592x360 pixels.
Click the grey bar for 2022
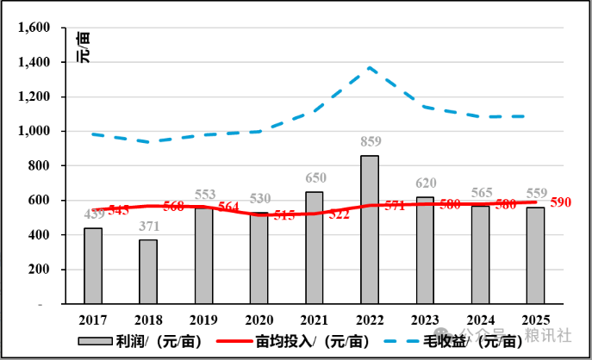369,229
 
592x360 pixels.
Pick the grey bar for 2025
535,255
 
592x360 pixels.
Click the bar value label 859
370,140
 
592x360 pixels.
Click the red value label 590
560,202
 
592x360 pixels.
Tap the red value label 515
284,215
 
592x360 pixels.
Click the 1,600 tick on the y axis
34,28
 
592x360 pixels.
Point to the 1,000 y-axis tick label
34,131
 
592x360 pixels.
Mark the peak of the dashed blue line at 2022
370,67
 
